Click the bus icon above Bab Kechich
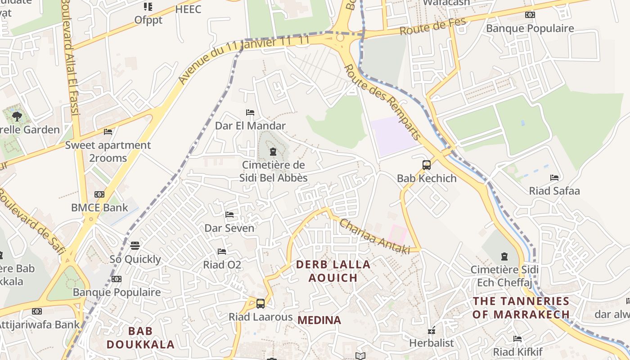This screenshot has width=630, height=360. pyautogui.click(x=427, y=165)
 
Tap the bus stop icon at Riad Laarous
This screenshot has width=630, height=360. pyautogui.click(x=260, y=303)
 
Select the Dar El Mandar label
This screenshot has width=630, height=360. pyautogui.click(x=250, y=126)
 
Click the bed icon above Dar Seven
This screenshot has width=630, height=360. pyautogui.click(x=229, y=215)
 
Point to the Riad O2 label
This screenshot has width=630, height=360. pyautogui.click(x=222, y=265)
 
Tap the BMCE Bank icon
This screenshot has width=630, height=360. pyautogui.click(x=99, y=194)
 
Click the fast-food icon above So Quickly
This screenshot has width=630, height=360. pyautogui.click(x=135, y=246)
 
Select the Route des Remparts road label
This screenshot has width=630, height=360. pyautogui.click(x=382, y=102)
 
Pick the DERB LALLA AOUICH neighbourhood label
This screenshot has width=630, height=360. pyautogui.click(x=333, y=271)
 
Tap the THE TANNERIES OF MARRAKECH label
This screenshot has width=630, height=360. pyautogui.click(x=521, y=307)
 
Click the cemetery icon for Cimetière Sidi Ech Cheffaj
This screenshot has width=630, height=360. pyautogui.click(x=504, y=256)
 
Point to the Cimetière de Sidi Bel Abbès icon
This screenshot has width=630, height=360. pyautogui.click(x=273, y=152)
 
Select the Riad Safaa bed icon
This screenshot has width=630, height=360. pyautogui.click(x=554, y=178)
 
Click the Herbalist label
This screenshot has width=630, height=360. pyautogui.click(x=431, y=343)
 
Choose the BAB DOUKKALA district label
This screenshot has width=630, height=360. pyautogui.click(x=140, y=338)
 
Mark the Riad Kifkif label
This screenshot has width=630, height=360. pyautogui.click(x=517, y=351)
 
